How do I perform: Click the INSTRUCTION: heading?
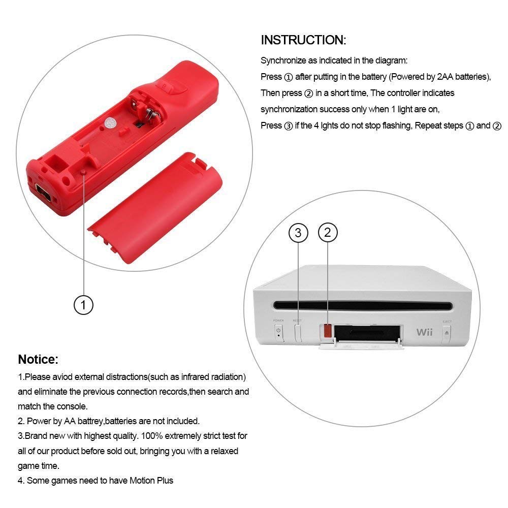coord(303,40)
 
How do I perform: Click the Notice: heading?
coord(38,360)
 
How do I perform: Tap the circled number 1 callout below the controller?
coord(84,305)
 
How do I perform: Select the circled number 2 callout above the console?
coord(328,233)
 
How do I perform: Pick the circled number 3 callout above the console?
coord(298,233)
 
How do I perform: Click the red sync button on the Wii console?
coord(327,331)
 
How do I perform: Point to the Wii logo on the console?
coord(424,333)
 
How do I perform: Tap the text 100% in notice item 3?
coord(151,436)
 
